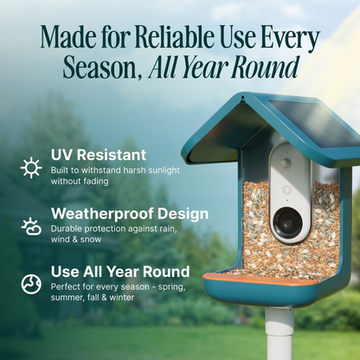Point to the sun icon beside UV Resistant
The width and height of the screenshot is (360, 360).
pos(31,167)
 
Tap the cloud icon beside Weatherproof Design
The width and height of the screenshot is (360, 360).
pos(31,227)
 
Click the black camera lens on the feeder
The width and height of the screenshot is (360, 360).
pos(285,223)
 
